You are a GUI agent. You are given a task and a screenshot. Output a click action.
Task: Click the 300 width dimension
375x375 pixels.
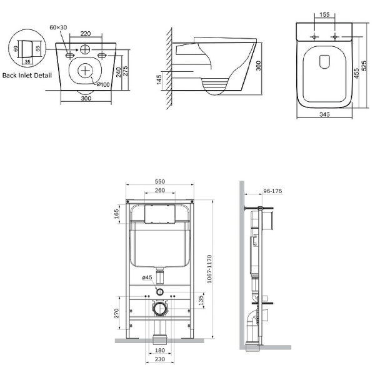pos(86,99)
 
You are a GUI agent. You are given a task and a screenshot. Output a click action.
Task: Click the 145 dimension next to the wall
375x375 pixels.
pos(159,79)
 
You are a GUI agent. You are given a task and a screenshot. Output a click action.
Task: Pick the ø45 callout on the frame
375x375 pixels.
pos(147,277)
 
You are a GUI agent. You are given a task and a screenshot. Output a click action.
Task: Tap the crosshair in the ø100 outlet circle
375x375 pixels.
pos(84,71)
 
